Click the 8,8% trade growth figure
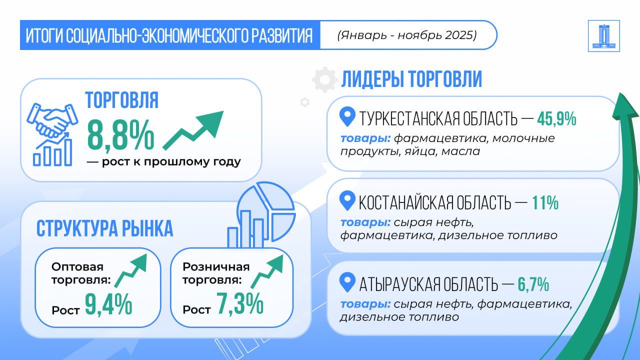click(120, 135)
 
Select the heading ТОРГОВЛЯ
click(122, 100)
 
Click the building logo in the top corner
click(603, 36)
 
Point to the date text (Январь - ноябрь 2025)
click(407, 35)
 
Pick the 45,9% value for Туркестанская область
click(556, 119)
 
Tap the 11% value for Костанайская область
click(545, 203)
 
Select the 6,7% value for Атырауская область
click(533, 284)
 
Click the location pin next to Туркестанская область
click(347, 116)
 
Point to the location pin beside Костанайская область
click(347, 200)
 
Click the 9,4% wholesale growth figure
click(108, 304)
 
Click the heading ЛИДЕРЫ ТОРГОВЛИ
click(411, 79)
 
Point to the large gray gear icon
click(325, 80)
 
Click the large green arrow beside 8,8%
click(193, 130)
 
